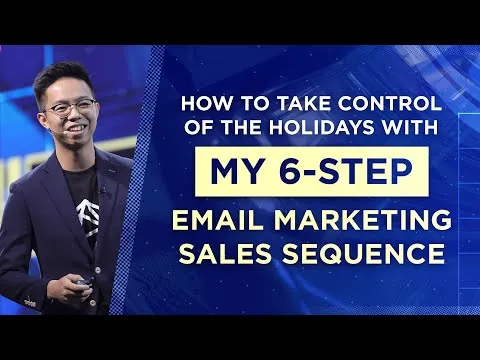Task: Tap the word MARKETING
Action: pos(364,219)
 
